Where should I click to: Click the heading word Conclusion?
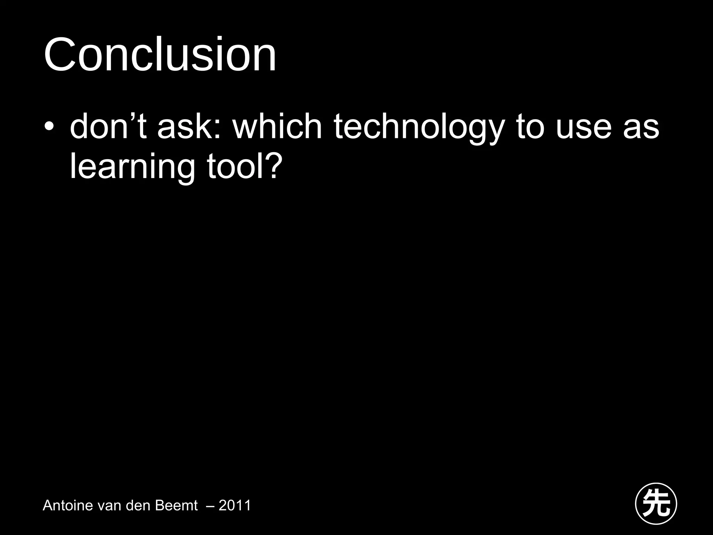(160, 55)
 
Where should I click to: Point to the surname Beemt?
(176, 505)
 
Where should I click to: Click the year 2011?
(235, 505)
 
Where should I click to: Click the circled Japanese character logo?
(656, 503)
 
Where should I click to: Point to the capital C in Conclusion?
(60, 55)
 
